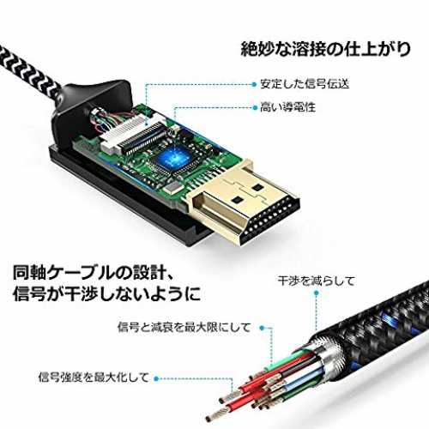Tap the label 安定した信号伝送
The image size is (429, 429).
point(305,84)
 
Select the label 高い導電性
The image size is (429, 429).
point(287,107)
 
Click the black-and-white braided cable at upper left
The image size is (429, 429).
point(28,71)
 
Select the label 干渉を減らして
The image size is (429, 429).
point(316,281)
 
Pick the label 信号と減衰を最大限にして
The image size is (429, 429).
point(184,327)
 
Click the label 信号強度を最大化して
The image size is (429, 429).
point(94,378)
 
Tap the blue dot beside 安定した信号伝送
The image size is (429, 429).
point(254,84)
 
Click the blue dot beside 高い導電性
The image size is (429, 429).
point(256,107)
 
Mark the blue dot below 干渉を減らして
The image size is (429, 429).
point(317,293)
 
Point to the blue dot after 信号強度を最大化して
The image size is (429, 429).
point(156,379)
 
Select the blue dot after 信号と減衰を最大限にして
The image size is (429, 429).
point(262,328)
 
